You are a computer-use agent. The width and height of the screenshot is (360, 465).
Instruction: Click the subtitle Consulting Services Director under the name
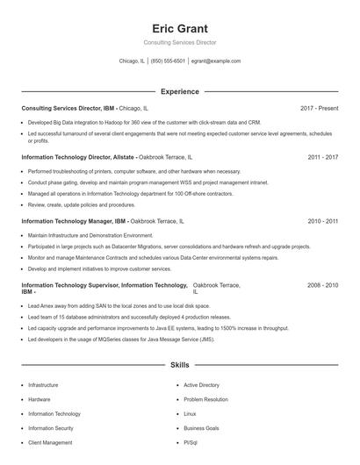(x=179, y=42)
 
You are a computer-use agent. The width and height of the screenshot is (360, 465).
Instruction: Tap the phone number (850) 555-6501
(x=168, y=61)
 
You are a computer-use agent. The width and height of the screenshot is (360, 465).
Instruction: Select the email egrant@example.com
(x=215, y=61)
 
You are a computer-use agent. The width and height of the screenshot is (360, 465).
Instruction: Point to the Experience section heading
(x=179, y=91)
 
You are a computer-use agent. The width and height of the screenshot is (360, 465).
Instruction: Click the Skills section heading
(x=179, y=364)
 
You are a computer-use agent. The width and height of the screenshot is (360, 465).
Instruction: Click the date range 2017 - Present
(x=319, y=108)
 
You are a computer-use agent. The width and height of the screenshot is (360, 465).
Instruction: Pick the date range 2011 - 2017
(x=322, y=157)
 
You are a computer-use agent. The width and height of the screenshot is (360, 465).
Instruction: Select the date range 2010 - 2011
(x=322, y=222)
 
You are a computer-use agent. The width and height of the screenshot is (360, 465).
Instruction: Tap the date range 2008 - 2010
(x=322, y=286)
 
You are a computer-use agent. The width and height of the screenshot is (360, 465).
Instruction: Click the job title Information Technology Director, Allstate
(x=75, y=157)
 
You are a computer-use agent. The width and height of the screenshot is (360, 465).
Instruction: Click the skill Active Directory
(x=201, y=385)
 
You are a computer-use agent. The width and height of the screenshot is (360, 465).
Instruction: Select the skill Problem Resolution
(x=205, y=399)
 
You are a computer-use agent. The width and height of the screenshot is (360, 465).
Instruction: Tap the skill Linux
(x=190, y=413)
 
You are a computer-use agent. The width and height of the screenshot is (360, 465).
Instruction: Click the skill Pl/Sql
(x=191, y=442)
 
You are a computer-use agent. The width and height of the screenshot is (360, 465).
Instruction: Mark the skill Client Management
(x=50, y=442)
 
